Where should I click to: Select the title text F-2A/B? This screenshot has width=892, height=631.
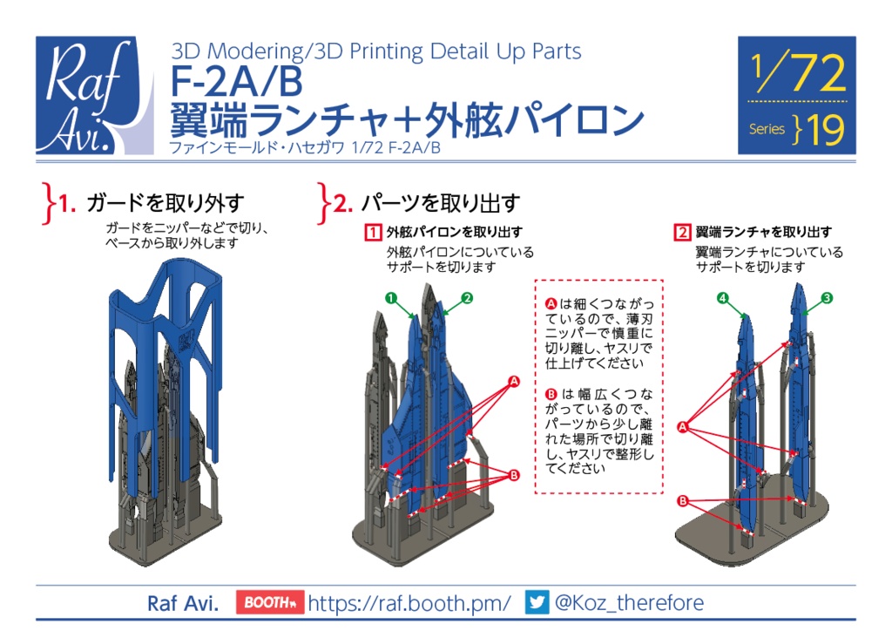pos(236,83)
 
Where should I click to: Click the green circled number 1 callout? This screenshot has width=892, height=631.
pos(392,298)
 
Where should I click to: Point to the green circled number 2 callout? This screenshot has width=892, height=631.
pos(467,298)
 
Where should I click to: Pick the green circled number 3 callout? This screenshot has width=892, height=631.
pos(827,298)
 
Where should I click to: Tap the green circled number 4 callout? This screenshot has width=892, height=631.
pos(722,298)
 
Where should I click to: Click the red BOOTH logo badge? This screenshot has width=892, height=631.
pos(268,602)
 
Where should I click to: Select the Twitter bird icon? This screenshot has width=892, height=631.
pos(537,602)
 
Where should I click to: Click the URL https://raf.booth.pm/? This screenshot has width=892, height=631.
pos(409,602)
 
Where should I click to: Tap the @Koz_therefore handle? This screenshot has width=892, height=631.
pos(629,602)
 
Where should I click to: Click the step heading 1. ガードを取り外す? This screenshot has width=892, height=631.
pos(152,204)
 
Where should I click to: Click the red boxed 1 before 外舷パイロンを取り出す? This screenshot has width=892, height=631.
pos(373,233)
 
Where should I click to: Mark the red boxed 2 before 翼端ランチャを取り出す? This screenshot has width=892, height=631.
pos(682,233)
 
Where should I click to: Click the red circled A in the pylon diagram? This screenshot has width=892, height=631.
pos(513,382)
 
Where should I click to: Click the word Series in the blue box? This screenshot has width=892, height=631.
pos(767,129)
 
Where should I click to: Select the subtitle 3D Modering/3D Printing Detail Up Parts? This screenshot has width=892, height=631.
pos(376,51)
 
